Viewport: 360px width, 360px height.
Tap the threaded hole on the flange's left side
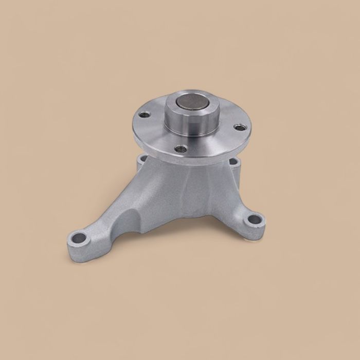(146, 115)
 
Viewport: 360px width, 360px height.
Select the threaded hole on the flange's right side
(238, 126)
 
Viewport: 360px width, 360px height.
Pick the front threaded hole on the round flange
(180, 149)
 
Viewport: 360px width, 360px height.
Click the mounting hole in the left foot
(79, 238)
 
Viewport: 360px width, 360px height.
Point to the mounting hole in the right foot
(254, 221)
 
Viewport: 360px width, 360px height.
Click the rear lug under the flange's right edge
(234, 164)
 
